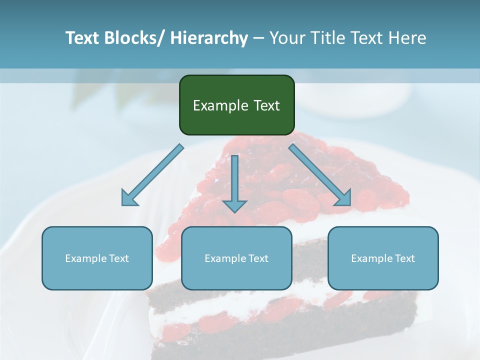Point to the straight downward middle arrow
234,182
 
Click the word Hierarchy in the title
209,38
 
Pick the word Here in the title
407,38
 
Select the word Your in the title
285,38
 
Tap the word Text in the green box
266,106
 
